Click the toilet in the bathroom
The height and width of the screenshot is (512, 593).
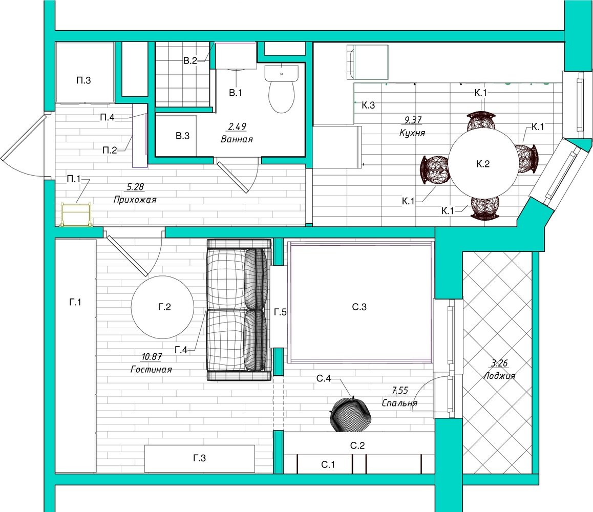pyautogui.click(x=281, y=89)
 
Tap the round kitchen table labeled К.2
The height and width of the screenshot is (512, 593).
pyautogui.click(x=483, y=164)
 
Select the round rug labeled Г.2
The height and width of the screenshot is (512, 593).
pyautogui.click(x=163, y=307)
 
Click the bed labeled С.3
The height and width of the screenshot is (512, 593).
pyautogui.click(x=361, y=302)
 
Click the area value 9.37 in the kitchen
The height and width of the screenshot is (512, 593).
pyautogui.click(x=413, y=120)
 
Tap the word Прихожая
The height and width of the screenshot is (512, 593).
pyautogui.click(x=135, y=200)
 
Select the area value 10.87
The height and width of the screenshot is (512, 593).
pyautogui.click(x=152, y=356)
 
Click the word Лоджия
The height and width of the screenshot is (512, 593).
pyautogui.click(x=499, y=376)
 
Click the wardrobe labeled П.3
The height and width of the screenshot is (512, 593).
pyautogui.click(x=84, y=72)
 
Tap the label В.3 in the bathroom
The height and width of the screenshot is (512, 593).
pyautogui.click(x=183, y=136)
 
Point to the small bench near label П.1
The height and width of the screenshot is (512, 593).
pyautogui.click(x=76, y=215)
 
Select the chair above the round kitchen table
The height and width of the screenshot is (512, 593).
pyautogui.click(x=480, y=121)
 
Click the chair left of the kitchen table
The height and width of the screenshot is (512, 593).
pyautogui.click(x=435, y=170)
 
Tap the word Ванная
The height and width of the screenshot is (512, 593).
pyautogui.click(x=237, y=139)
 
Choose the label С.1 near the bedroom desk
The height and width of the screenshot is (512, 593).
pyautogui.click(x=328, y=464)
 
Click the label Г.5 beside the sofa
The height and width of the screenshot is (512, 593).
pyautogui.click(x=280, y=312)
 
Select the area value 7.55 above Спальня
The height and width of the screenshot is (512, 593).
pyautogui.click(x=400, y=391)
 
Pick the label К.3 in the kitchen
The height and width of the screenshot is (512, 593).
pyautogui.click(x=368, y=105)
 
